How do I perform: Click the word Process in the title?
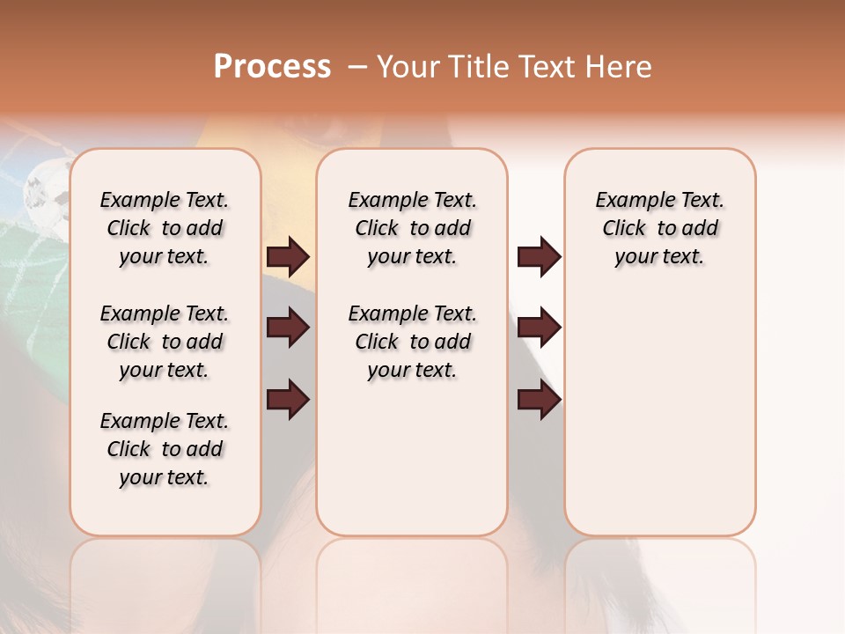pos(272,67)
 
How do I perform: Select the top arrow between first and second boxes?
pos(288,256)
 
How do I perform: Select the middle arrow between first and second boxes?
pos(288,328)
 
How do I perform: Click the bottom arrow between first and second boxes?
pos(288,400)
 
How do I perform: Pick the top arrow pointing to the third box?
pos(539,256)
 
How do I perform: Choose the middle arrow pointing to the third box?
pos(539,328)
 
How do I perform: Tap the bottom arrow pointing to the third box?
pos(539,400)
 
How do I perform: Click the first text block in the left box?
pos(165,228)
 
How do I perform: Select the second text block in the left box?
pos(165,342)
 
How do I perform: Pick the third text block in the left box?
pos(165,449)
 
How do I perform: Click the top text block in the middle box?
pos(412,228)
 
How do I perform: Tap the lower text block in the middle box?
pos(412,342)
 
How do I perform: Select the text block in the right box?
pos(659,228)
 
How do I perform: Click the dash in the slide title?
pos(356,67)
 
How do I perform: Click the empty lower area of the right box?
pos(659,423)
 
